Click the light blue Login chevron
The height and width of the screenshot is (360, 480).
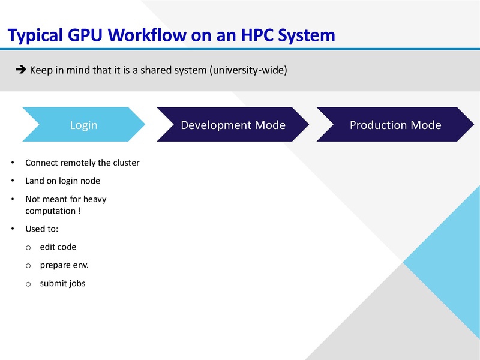pyautogui.click(x=84, y=125)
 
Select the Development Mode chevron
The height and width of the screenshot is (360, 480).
pyautogui.click(x=233, y=125)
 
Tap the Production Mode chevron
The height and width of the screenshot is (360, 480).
pyautogui.click(x=395, y=125)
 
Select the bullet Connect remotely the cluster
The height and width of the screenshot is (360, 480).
pyautogui.click(x=82, y=163)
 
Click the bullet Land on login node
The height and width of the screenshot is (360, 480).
pyautogui.click(x=62, y=181)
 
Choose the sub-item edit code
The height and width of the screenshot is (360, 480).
pyautogui.click(x=58, y=247)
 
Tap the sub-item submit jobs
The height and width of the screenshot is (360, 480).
pyautogui.click(x=62, y=283)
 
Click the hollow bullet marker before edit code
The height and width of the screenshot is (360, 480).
pyautogui.click(x=28, y=247)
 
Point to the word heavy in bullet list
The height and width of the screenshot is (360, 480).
pyautogui.click(x=95, y=199)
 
